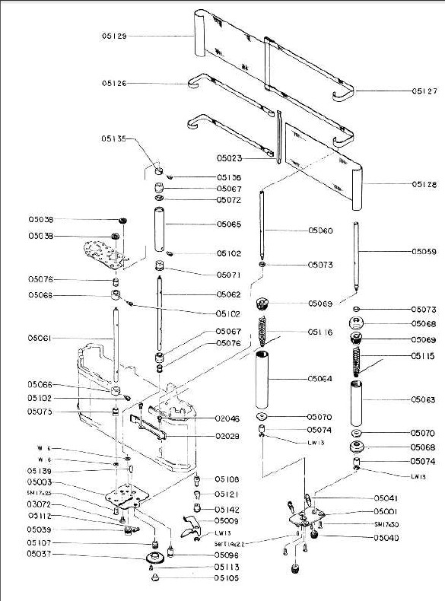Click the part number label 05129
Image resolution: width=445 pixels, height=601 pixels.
114,36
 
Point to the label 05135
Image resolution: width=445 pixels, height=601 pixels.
114,138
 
